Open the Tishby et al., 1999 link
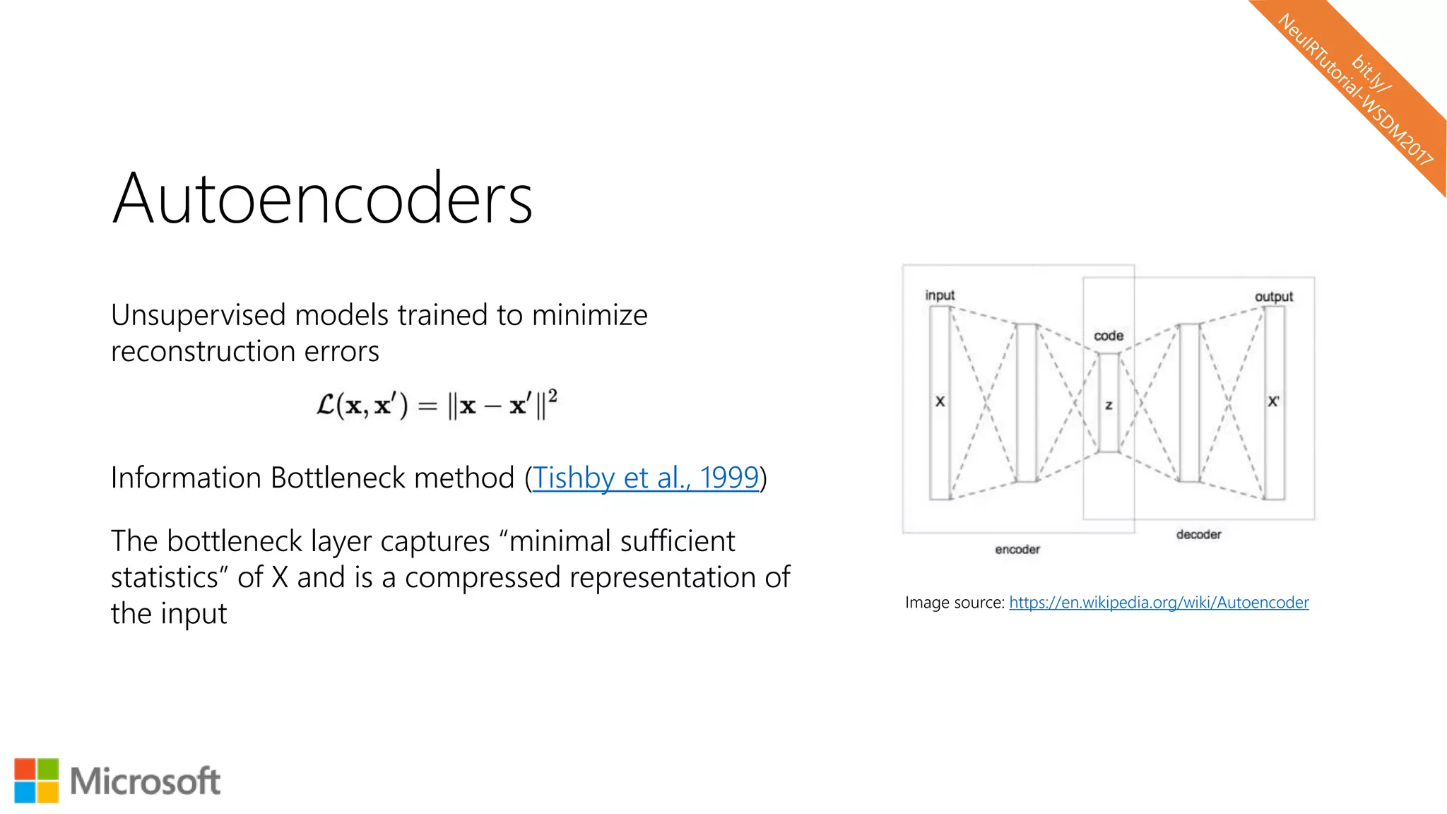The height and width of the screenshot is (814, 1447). coord(645,478)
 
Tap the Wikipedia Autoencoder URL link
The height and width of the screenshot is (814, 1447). coord(1159,603)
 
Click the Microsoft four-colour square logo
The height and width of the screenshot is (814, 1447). coord(36,781)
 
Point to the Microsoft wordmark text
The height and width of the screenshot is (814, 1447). coord(145,781)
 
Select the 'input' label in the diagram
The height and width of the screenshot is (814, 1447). coord(940,295)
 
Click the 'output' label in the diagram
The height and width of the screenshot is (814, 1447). coord(1273,297)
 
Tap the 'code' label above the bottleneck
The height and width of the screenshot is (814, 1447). coord(1109,336)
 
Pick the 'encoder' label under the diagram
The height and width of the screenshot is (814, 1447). coord(1017,549)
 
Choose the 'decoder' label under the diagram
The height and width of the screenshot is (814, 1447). coord(1198,534)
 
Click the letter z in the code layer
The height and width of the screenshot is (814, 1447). coord(1109,406)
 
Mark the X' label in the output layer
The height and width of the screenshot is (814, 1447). coord(1273,401)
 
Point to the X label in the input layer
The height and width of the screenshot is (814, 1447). coord(940,401)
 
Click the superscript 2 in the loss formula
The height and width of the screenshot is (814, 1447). coord(553,396)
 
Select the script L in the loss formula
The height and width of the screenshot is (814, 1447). coord(325,406)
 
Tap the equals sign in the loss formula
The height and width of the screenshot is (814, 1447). coord(427,406)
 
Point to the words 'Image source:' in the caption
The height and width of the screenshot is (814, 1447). coord(954,603)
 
